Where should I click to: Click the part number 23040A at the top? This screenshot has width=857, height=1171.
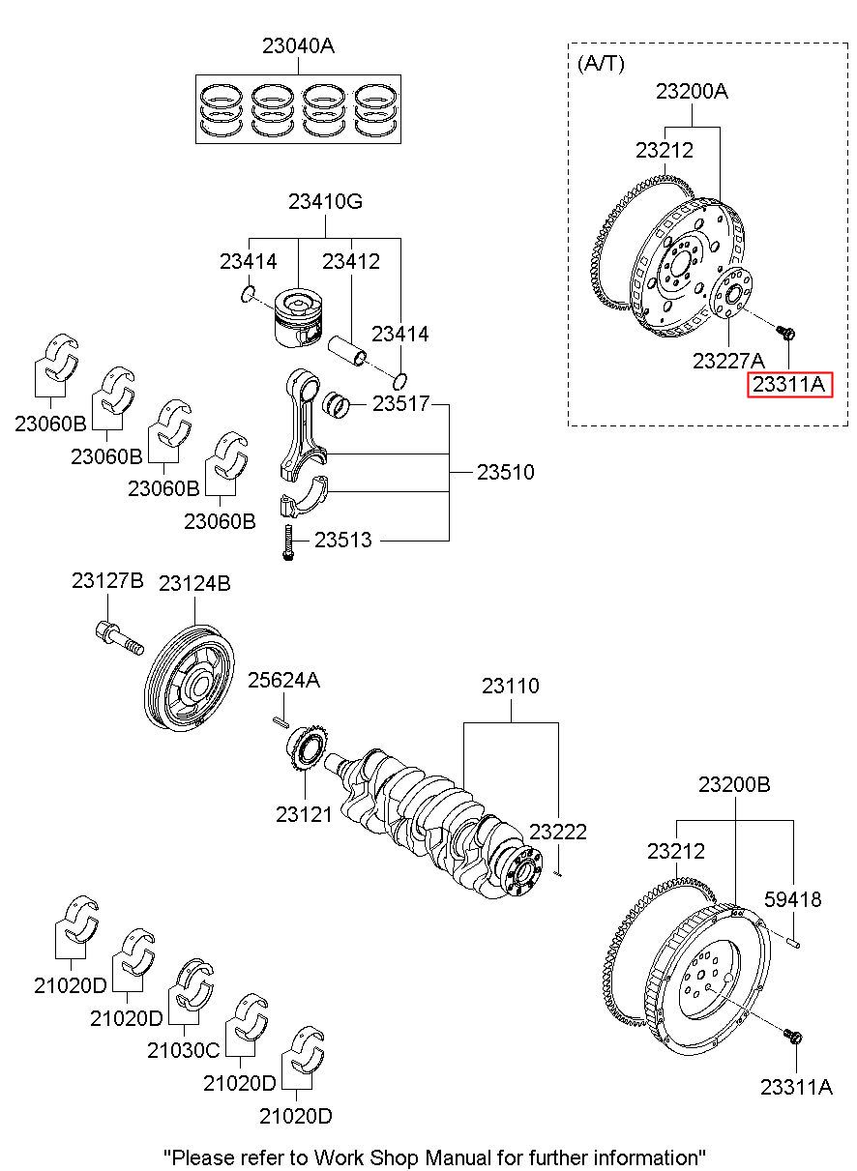[298, 46]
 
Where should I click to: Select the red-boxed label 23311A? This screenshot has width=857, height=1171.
[789, 385]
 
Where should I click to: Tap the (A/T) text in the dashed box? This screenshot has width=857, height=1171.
[601, 64]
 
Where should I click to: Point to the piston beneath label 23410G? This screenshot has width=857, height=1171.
[299, 317]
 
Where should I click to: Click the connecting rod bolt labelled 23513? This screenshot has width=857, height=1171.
[287, 542]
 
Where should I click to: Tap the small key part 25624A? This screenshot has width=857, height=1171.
[281, 721]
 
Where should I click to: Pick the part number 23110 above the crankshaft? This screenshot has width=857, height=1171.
[511, 686]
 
